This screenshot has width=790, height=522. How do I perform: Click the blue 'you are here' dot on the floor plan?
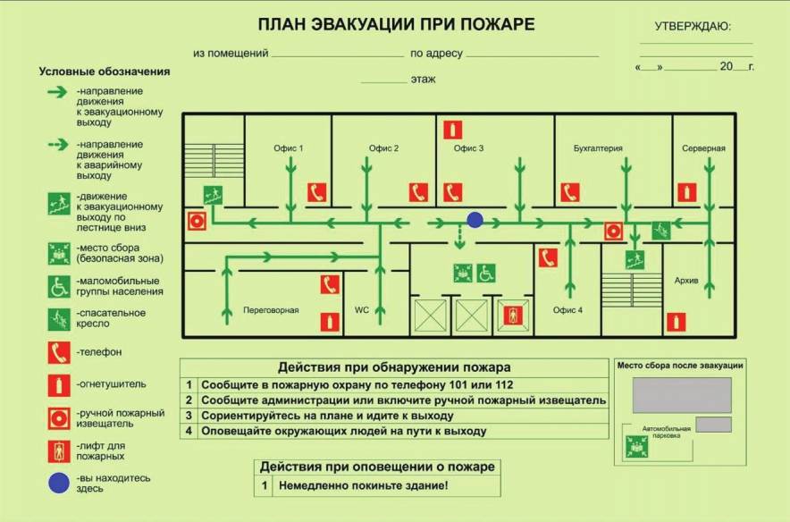click(475, 220)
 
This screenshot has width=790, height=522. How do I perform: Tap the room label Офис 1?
click(289, 148)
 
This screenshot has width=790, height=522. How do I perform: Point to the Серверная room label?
click(703, 148)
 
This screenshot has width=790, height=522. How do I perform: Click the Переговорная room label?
click(271, 310)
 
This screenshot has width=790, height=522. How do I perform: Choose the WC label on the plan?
click(362, 310)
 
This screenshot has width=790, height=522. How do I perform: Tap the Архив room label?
click(686, 281)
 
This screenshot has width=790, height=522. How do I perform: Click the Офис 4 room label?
click(567, 310)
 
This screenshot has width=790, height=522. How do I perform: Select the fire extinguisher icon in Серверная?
click(686, 191)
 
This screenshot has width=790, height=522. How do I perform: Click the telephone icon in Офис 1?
click(316, 192)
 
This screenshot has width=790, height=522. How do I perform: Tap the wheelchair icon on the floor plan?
click(485, 273)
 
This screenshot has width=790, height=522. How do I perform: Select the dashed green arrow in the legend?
click(58, 144)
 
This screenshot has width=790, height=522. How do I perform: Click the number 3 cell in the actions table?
click(189, 416)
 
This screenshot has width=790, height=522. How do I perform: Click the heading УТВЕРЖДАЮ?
click(693, 26)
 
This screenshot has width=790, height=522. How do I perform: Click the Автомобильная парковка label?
click(661, 433)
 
